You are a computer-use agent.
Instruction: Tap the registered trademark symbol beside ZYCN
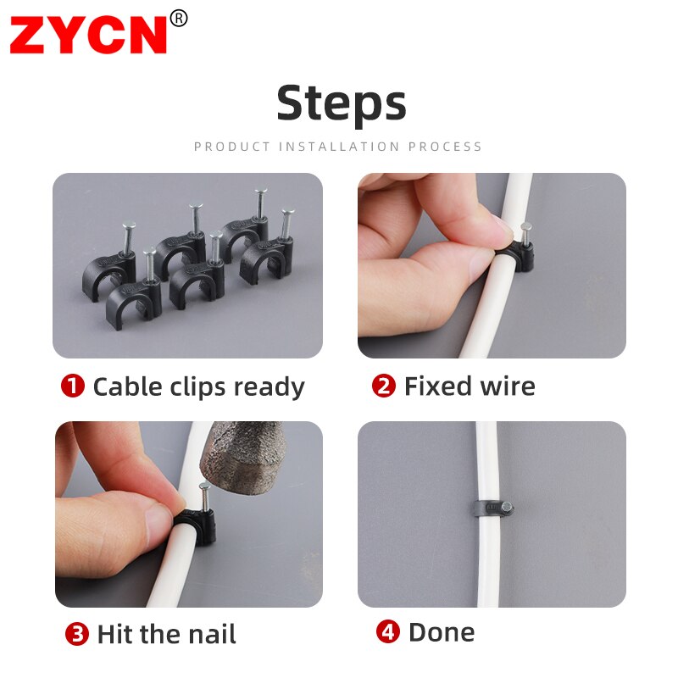point(178,18)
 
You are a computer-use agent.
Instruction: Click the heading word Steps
point(342,103)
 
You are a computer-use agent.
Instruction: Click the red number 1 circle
point(73,386)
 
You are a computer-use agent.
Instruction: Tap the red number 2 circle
point(384,386)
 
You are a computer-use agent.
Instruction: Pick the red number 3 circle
point(77,634)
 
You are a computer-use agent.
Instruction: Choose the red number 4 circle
point(387,632)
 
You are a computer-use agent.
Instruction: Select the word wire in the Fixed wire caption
point(504,386)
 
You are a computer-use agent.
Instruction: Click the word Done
point(442,632)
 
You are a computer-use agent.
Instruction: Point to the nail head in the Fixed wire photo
point(526,227)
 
